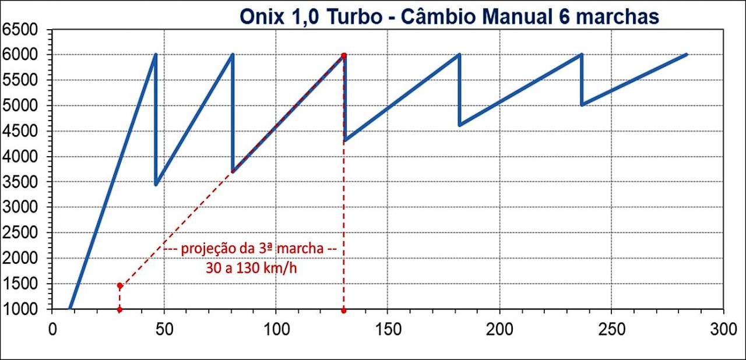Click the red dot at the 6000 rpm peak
coord(344,55)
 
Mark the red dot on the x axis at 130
coord(344,309)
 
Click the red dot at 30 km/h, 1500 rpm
coord(119,286)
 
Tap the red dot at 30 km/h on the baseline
coord(119,309)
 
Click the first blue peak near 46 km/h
coord(156,55)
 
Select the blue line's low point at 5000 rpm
coord(582,105)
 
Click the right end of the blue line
coord(687,54)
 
